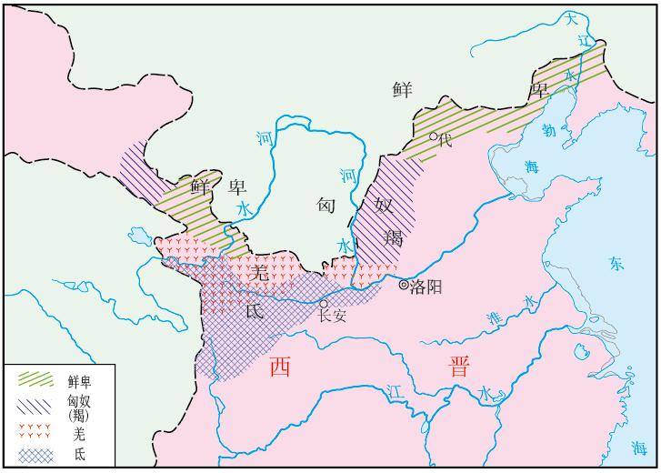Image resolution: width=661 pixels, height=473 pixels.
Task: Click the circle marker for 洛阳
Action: pyautogui.click(x=405, y=286)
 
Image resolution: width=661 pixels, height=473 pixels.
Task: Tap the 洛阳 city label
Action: pyautogui.click(x=426, y=287)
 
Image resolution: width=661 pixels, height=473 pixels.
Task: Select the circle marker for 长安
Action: pyautogui.click(x=323, y=306)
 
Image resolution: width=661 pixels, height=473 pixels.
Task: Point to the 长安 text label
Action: pyautogui.click(x=334, y=317)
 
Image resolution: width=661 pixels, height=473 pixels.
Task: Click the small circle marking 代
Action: pyautogui.click(x=435, y=137)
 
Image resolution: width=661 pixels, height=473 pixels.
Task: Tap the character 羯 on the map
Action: pyautogui.click(x=393, y=238)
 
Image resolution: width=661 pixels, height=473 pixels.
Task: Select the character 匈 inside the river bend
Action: pyautogui.click(x=327, y=205)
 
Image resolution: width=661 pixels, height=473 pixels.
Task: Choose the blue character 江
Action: pyautogui.click(x=394, y=389)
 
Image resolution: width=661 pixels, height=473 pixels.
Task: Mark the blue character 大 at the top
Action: pyautogui.click(x=571, y=18)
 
